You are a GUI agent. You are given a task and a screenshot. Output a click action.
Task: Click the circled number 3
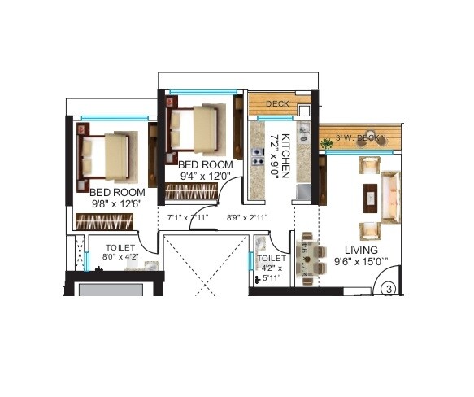(389, 289)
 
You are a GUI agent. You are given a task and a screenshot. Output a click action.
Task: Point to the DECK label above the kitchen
(278, 104)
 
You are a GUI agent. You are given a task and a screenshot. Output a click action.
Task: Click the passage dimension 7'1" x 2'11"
(188, 218)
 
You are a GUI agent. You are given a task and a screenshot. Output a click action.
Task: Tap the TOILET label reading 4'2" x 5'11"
(270, 267)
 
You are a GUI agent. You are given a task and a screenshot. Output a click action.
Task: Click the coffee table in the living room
(370, 194)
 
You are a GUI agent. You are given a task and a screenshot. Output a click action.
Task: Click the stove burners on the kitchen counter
(258, 153)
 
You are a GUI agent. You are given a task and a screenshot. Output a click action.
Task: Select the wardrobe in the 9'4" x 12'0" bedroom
(191, 192)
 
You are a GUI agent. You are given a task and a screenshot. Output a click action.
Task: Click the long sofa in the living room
(391, 194)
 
